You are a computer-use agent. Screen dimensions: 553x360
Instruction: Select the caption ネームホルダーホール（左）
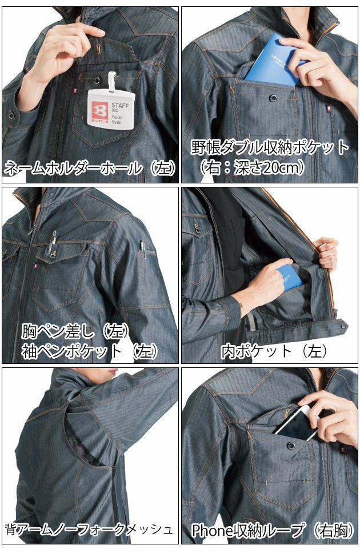tap(90, 167)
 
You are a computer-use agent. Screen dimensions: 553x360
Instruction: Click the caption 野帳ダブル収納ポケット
tap(270, 148)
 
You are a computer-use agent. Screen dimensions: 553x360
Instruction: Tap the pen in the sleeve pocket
tap(142, 249)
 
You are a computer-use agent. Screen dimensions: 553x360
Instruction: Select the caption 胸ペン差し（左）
tap(75, 331)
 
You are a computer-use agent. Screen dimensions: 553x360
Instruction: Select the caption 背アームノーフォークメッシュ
tap(89, 529)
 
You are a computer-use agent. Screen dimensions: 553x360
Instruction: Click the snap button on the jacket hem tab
tap(343, 327)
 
